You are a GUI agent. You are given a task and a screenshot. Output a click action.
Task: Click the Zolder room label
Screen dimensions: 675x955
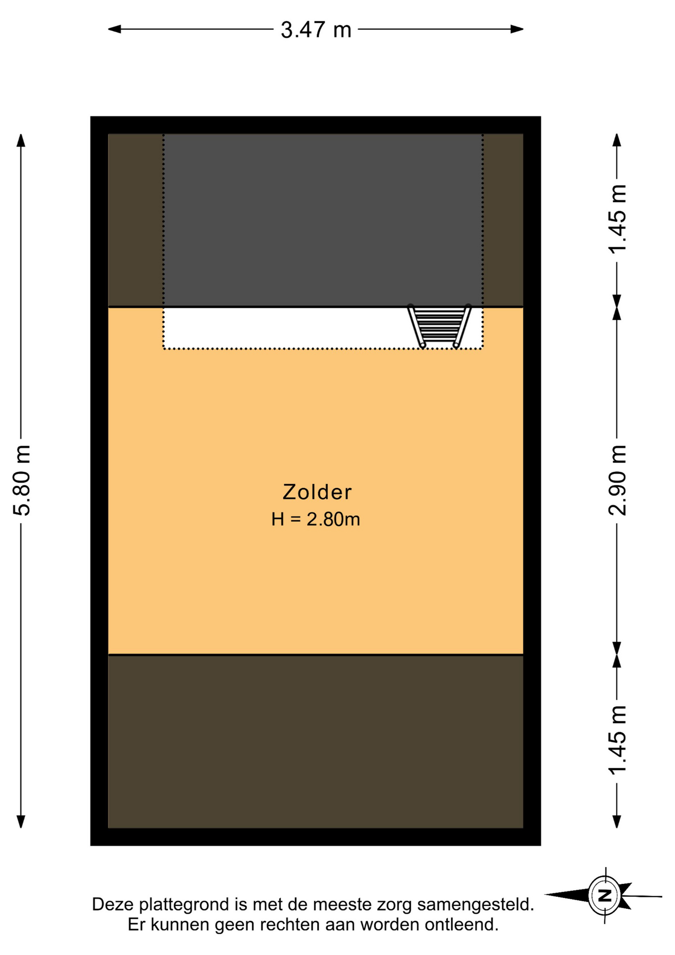tap(317, 492)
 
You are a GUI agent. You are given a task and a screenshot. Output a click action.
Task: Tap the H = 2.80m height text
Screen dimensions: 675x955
tap(316, 519)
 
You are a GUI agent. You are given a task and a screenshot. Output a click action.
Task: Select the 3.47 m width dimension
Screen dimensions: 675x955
tap(316, 30)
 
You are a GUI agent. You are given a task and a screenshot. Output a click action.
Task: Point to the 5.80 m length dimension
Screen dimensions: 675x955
tap(22, 480)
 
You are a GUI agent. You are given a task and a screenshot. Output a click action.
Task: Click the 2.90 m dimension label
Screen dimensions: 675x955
tap(617, 480)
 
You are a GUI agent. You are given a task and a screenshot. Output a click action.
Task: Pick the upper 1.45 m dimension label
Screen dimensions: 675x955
tap(617, 218)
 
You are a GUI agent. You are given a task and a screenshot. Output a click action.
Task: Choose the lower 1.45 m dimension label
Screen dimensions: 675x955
tap(617, 740)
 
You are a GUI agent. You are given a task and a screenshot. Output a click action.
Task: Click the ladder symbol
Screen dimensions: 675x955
tap(439, 326)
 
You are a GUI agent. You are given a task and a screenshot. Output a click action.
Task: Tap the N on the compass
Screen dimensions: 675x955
tap(605, 896)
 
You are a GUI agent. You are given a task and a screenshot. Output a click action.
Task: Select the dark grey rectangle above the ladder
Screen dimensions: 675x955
tap(323, 220)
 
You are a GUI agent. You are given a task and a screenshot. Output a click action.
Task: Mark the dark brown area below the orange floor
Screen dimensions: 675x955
tap(316, 742)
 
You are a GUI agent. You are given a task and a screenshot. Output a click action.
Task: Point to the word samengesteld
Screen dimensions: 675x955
tap(475, 905)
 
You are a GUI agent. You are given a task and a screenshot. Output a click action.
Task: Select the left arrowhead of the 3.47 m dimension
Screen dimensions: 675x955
tap(114, 29)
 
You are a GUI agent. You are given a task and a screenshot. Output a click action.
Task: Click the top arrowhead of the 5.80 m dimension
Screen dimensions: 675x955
tap(21, 140)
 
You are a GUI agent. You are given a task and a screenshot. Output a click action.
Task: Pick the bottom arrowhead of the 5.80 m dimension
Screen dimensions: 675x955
tap(21, 821)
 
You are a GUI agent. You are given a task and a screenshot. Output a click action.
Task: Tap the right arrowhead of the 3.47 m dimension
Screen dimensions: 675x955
tap(517, 29)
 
